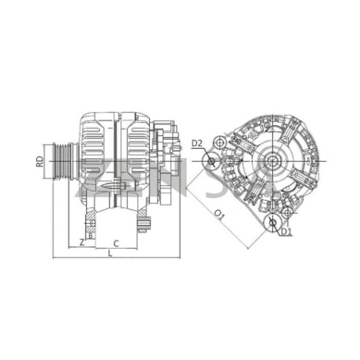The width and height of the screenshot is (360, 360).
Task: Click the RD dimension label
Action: (39, 161)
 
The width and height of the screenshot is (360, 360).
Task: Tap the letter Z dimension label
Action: (81, 242)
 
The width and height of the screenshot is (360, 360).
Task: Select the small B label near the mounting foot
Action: (91, 236)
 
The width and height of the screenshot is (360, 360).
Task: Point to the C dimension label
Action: (116, 243)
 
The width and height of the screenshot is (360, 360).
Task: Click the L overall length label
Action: (110, 254)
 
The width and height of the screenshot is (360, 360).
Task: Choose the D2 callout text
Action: (196, 143)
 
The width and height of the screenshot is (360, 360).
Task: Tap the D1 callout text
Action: (286, 231)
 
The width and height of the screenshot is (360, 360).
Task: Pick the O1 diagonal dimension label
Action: (219, 215)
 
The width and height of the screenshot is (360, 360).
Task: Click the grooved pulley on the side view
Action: (64, 161)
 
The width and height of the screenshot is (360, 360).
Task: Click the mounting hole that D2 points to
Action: (211, 161)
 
